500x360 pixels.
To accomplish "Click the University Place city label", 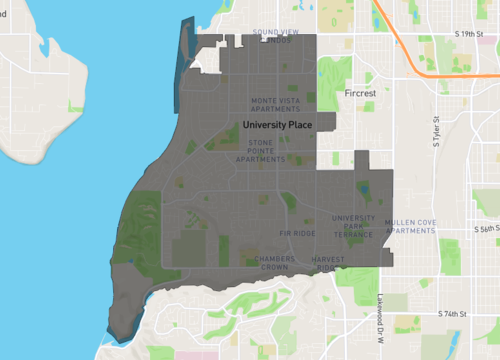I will tap(277, 125).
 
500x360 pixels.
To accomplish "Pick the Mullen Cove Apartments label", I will tap(410, 226).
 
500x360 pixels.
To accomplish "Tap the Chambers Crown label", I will tap(274, 263).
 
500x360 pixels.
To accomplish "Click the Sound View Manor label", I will tap(275, 37).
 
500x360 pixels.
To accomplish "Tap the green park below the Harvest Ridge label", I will tap(350, 277).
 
